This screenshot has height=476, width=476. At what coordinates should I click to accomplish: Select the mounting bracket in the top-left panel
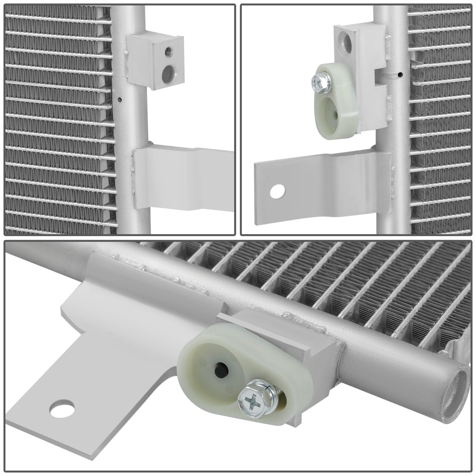[178, 180]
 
